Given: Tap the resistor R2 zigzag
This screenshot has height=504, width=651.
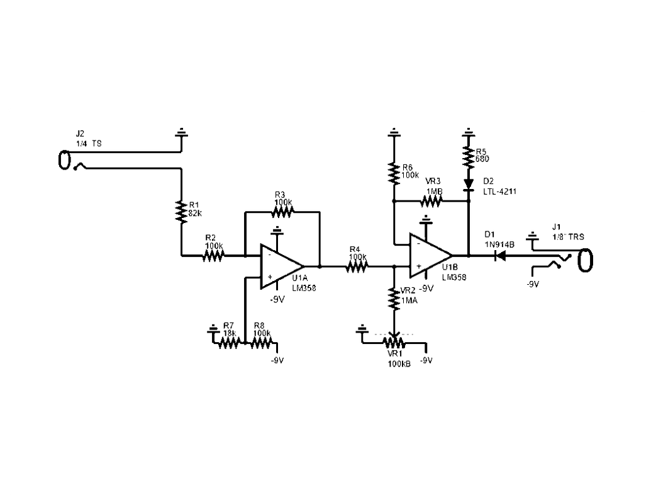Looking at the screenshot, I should point(213,255).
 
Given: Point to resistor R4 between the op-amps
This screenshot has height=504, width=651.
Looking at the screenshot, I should point(356,266).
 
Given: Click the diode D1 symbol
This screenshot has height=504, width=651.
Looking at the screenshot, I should point(501,256).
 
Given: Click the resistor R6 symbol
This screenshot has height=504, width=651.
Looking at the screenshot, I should point(394,172).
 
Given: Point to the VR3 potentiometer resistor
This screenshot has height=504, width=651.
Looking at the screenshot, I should point(432,202).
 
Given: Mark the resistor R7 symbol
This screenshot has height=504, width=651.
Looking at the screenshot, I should point(229,342).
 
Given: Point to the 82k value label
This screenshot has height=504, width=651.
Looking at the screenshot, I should point(196,213).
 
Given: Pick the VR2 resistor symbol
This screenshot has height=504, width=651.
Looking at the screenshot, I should point(394,300).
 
